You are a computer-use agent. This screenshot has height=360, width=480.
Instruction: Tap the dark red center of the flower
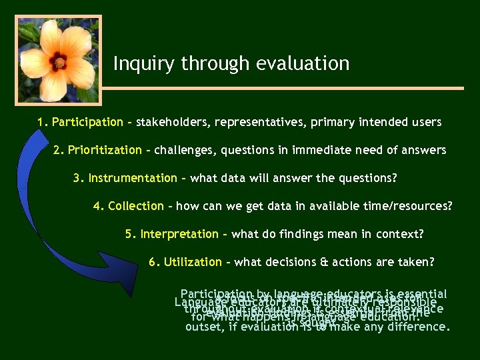[x=59, y=62]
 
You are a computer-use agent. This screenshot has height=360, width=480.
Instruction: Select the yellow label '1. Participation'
[x=80, y=122]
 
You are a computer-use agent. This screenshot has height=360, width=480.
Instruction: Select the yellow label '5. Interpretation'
[x=171, y=234]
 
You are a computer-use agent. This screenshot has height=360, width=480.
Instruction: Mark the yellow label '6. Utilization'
[x=185, y=262]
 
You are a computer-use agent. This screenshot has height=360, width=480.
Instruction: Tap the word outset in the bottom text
[x=203, y=327]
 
